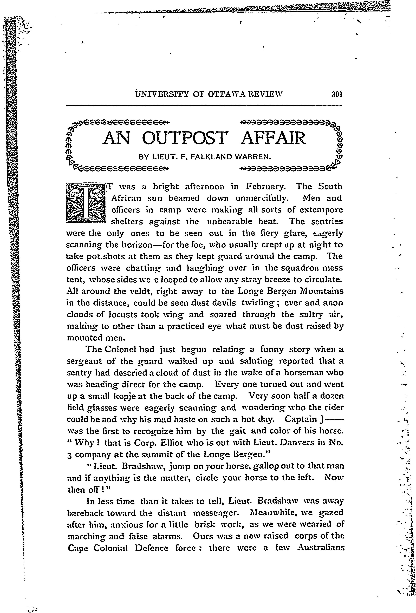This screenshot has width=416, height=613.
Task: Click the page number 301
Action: [x=336, y=94]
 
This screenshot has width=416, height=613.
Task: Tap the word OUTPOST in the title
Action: [x=184, y=138]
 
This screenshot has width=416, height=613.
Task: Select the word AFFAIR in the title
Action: [x=274, y=138]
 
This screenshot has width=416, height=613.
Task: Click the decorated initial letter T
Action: [x=86, y=203]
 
